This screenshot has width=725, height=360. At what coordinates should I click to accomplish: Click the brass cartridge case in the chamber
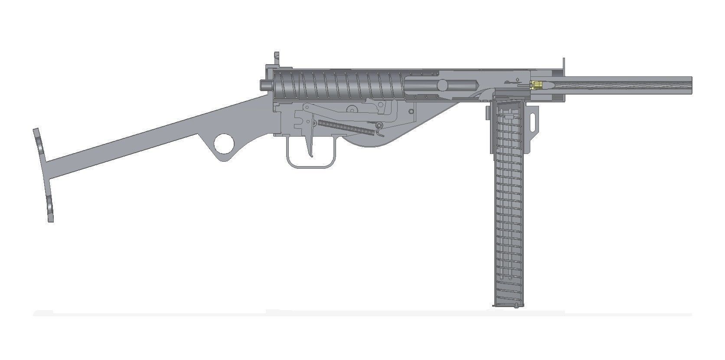[x=538, y=85]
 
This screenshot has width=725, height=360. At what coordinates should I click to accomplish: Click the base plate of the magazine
[x=506, y=305]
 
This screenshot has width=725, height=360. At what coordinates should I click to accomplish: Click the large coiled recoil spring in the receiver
[x=338, y=84]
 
